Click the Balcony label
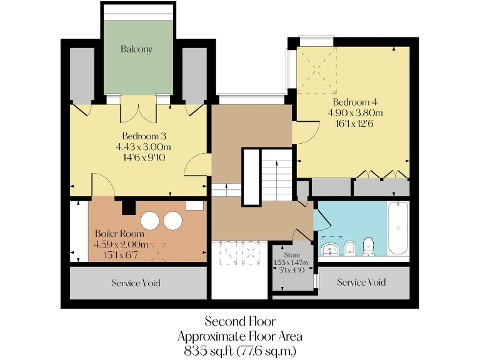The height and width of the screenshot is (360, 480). [136, 49]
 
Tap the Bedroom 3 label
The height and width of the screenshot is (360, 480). [144, 136]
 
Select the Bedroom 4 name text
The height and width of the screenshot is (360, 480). [354, 102]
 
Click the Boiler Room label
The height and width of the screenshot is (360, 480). [119, 233]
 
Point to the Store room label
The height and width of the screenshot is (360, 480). [292, 256]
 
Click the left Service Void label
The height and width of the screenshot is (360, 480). [136, 283]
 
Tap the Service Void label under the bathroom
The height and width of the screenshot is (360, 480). [361, 282]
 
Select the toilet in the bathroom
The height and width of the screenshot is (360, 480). [369, 247]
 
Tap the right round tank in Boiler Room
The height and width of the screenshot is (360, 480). [171, 221]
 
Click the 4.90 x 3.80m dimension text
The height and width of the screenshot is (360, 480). [354, 112]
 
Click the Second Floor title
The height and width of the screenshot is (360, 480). [241, 321]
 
